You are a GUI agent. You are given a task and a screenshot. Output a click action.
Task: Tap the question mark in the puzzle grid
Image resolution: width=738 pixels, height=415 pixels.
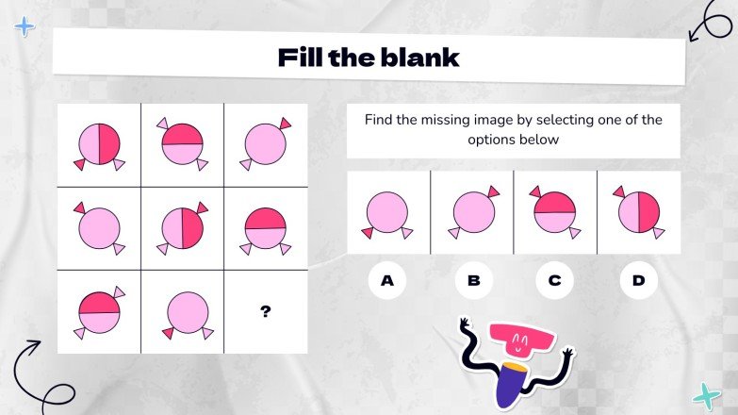click(266, 311)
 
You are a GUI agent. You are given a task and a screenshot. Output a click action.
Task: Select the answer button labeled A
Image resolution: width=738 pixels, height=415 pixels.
click(386, 280)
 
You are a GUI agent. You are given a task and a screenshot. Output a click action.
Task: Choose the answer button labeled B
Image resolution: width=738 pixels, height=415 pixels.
click(473, 280)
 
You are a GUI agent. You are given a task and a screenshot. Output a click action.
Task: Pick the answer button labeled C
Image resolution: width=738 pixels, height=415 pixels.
click(554, 280)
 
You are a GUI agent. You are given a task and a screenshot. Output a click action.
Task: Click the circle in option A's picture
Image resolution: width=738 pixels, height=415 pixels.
click(386, 212)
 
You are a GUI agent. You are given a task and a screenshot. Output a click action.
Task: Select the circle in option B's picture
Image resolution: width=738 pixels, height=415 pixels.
click(474, 212)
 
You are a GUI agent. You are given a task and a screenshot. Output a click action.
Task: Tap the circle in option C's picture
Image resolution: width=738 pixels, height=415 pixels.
click(554, 212)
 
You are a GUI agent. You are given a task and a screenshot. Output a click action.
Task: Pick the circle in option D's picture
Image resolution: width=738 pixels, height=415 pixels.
click(639, 212)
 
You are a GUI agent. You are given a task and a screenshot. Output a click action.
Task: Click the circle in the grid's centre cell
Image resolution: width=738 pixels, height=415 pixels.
click(183, 228)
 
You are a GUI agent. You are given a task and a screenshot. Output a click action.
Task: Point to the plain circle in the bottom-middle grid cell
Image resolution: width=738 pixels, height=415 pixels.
click(188, 312)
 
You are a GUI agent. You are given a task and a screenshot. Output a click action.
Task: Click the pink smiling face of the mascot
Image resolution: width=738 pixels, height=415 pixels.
click(520, 340)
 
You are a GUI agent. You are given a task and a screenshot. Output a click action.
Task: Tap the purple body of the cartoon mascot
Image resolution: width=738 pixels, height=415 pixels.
click(511, 384)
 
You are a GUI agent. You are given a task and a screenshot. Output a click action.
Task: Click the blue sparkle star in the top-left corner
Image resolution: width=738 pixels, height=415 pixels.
click(25, 26)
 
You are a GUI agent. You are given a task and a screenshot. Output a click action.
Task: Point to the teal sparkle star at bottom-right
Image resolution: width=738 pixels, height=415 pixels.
click(706, 396)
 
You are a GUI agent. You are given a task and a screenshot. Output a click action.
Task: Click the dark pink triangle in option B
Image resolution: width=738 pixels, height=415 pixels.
click(494, 191)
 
